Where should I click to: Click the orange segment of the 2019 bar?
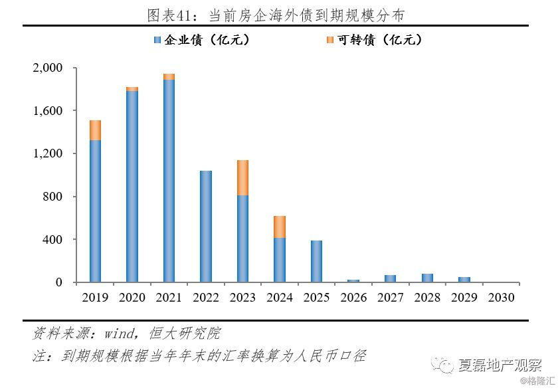tap(95, 130)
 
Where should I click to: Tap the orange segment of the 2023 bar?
tap(243, 177)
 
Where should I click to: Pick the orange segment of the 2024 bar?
tap(280, 227)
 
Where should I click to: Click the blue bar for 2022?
tap(206, 226)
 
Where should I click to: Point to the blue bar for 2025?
tap(317, 261)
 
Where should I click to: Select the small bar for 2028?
tap(427, 278)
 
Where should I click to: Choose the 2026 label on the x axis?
tap(353, 298)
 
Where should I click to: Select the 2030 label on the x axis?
tap(501, 298)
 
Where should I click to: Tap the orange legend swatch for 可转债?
tap(329, 41)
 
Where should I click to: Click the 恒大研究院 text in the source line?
tap(190, 333)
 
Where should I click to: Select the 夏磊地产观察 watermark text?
tap(499, 365)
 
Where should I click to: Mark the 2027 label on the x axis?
tap(390, 298)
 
